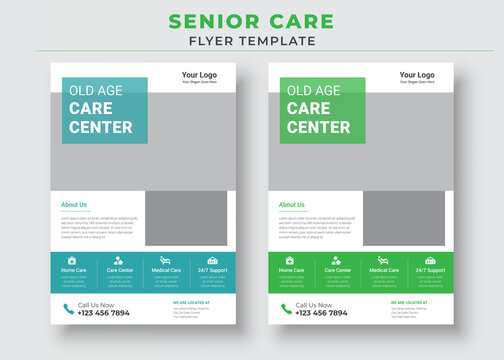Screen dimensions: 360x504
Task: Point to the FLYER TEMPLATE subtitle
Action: (252, 41)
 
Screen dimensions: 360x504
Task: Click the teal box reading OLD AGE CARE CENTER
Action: (104, 110)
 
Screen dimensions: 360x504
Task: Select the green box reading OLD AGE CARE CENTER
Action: (321, 110)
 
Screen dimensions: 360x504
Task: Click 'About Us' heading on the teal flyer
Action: (74, 204)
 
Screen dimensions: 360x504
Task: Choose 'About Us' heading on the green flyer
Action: (292, 204)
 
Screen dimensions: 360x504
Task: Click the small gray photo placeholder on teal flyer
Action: (185, 218)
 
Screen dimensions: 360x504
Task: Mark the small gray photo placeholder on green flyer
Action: (403, 218)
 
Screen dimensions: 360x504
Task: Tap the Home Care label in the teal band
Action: (74, 270)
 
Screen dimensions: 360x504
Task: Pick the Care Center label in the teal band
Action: (120, 270)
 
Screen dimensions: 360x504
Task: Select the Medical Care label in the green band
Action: (384, 270)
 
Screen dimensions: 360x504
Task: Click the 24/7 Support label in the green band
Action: (430, 270)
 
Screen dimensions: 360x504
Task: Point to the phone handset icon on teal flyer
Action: (68, 309)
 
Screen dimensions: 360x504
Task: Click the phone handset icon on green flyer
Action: (285, 309)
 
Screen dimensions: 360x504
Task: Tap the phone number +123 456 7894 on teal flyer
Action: (104, 313)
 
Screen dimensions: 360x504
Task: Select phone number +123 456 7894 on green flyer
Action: (321, 313)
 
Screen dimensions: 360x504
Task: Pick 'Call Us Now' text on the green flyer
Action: (314, 304)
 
